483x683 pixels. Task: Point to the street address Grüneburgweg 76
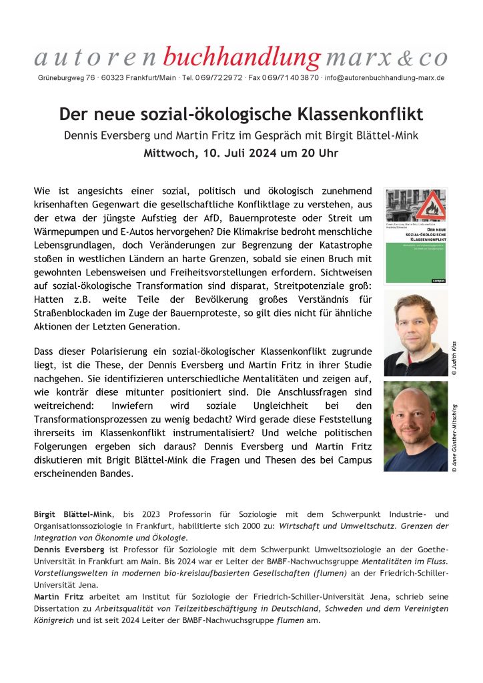coord(65,78)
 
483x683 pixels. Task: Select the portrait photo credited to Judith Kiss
coord(416,333)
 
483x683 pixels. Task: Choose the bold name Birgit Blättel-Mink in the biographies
coord(73,514)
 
